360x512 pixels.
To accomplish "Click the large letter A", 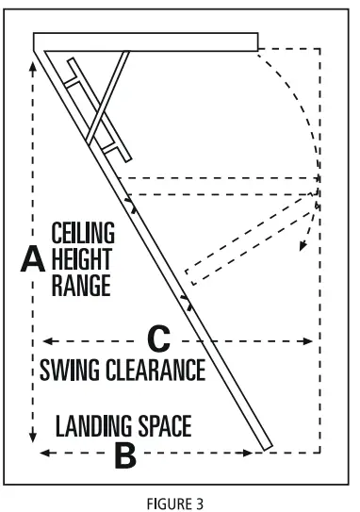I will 33,257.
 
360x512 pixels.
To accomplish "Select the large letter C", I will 159,338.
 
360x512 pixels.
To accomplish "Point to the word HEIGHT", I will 83,257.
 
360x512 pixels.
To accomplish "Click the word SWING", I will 71,368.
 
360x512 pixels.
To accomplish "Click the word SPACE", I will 166,427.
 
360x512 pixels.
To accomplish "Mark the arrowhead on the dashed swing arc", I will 304,248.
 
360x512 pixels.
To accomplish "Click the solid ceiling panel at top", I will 145,41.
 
